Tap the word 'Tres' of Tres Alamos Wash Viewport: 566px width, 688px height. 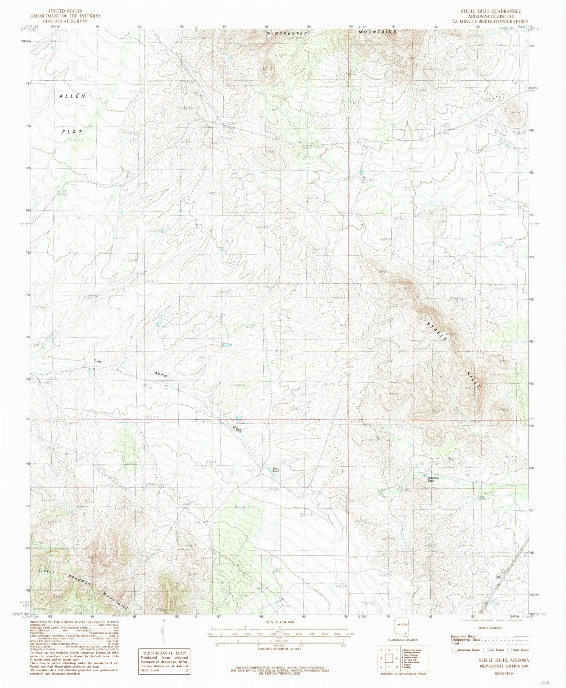point(98,361)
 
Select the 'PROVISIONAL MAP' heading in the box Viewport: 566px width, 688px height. point(163,653)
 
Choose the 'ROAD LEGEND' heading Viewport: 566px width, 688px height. point(489,628)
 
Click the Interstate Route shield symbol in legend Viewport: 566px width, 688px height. point(455,650)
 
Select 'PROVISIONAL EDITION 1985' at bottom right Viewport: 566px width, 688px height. point(503,666)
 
